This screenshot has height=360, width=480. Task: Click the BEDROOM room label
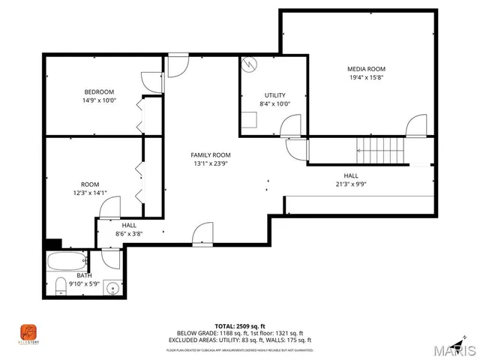pos(98,91)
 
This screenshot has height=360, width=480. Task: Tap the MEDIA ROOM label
pos(367,68)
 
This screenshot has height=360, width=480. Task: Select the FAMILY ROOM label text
pos(210,154)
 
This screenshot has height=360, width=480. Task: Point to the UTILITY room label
pos(274,95)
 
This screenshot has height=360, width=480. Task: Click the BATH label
pos(84,275)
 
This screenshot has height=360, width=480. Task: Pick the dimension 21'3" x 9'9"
pos(350,184)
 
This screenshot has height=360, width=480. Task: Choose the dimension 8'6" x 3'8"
pos(129,233)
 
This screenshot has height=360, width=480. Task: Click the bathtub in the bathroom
pos(68,262)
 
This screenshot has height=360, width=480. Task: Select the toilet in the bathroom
pos(59,286)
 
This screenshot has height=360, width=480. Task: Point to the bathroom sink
pos(112,286)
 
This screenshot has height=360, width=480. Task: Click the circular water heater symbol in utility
pos(249,65)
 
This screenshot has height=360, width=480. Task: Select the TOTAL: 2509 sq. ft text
pos(239,326)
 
